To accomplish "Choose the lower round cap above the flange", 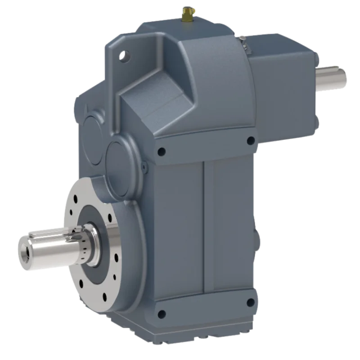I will click(122, 155).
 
